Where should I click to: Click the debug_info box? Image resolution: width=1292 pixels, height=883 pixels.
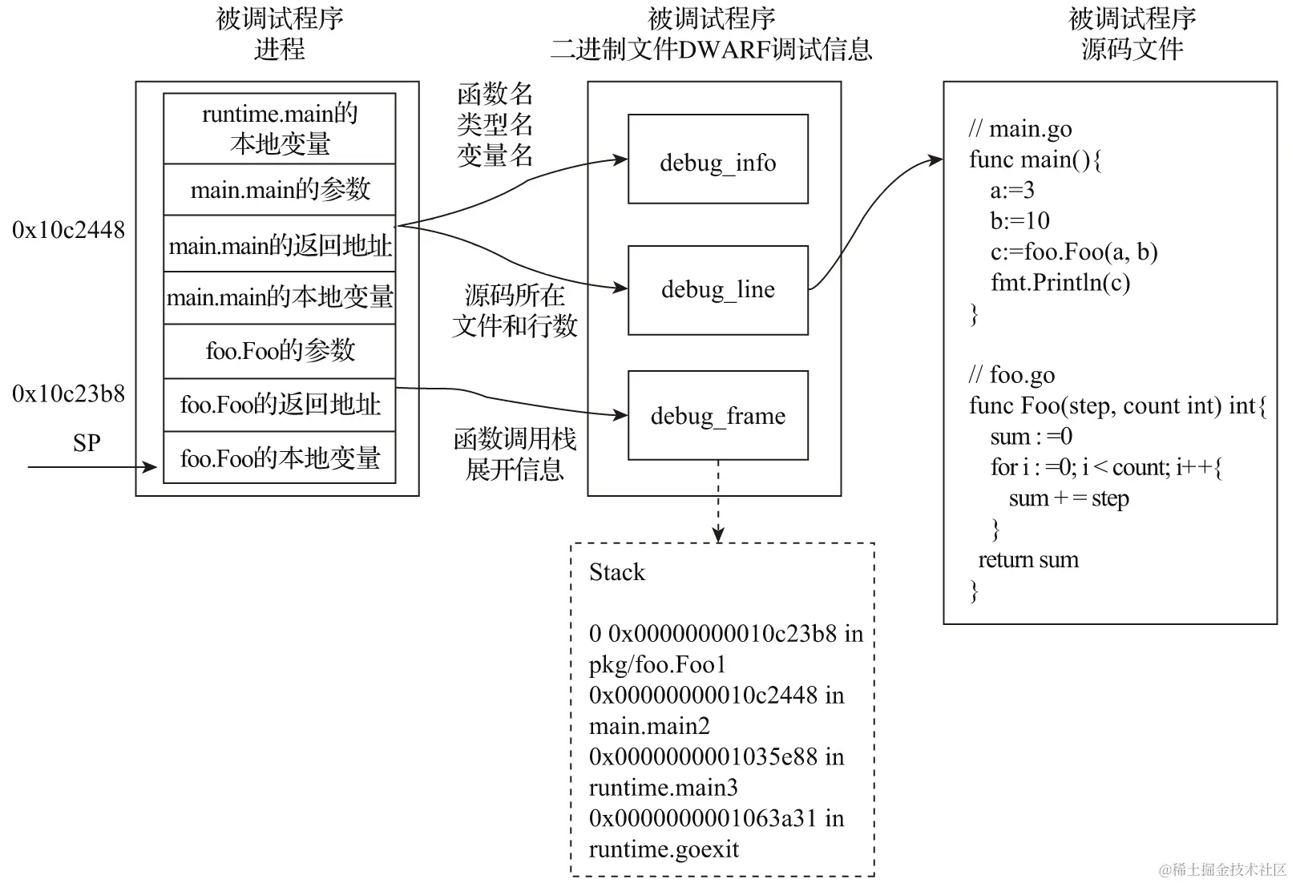717,159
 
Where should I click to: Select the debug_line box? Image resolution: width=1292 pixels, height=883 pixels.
717,290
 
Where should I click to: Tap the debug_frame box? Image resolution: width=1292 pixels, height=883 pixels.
717,415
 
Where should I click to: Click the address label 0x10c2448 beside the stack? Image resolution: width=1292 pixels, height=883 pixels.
69,230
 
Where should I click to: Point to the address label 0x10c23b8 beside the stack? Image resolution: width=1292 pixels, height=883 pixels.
69,394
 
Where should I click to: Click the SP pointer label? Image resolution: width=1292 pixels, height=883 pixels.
87,443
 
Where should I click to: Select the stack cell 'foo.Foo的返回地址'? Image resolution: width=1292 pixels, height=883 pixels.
280,405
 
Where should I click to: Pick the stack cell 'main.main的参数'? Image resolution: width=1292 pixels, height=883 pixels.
280,190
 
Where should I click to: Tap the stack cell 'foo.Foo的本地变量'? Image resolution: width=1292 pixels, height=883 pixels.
280,458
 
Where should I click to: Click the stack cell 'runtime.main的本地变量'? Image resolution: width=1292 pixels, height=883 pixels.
280,129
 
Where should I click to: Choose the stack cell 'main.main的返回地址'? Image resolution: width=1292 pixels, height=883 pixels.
280,244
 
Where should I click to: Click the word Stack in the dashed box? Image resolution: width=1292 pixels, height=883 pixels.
616,572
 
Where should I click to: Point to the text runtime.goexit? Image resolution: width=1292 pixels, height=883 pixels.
664,849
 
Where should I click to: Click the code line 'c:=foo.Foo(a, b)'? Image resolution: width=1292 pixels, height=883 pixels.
1074,252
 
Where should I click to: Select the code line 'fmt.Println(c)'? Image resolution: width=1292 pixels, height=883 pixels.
1060,283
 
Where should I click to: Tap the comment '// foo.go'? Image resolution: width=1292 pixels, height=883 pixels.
1011,375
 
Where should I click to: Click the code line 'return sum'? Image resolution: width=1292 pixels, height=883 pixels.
1028,559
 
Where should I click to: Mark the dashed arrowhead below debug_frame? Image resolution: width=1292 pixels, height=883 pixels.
718,535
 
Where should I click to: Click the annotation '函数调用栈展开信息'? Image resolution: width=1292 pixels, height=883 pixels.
515,454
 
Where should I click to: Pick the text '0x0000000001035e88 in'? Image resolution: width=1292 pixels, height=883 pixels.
717,756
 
